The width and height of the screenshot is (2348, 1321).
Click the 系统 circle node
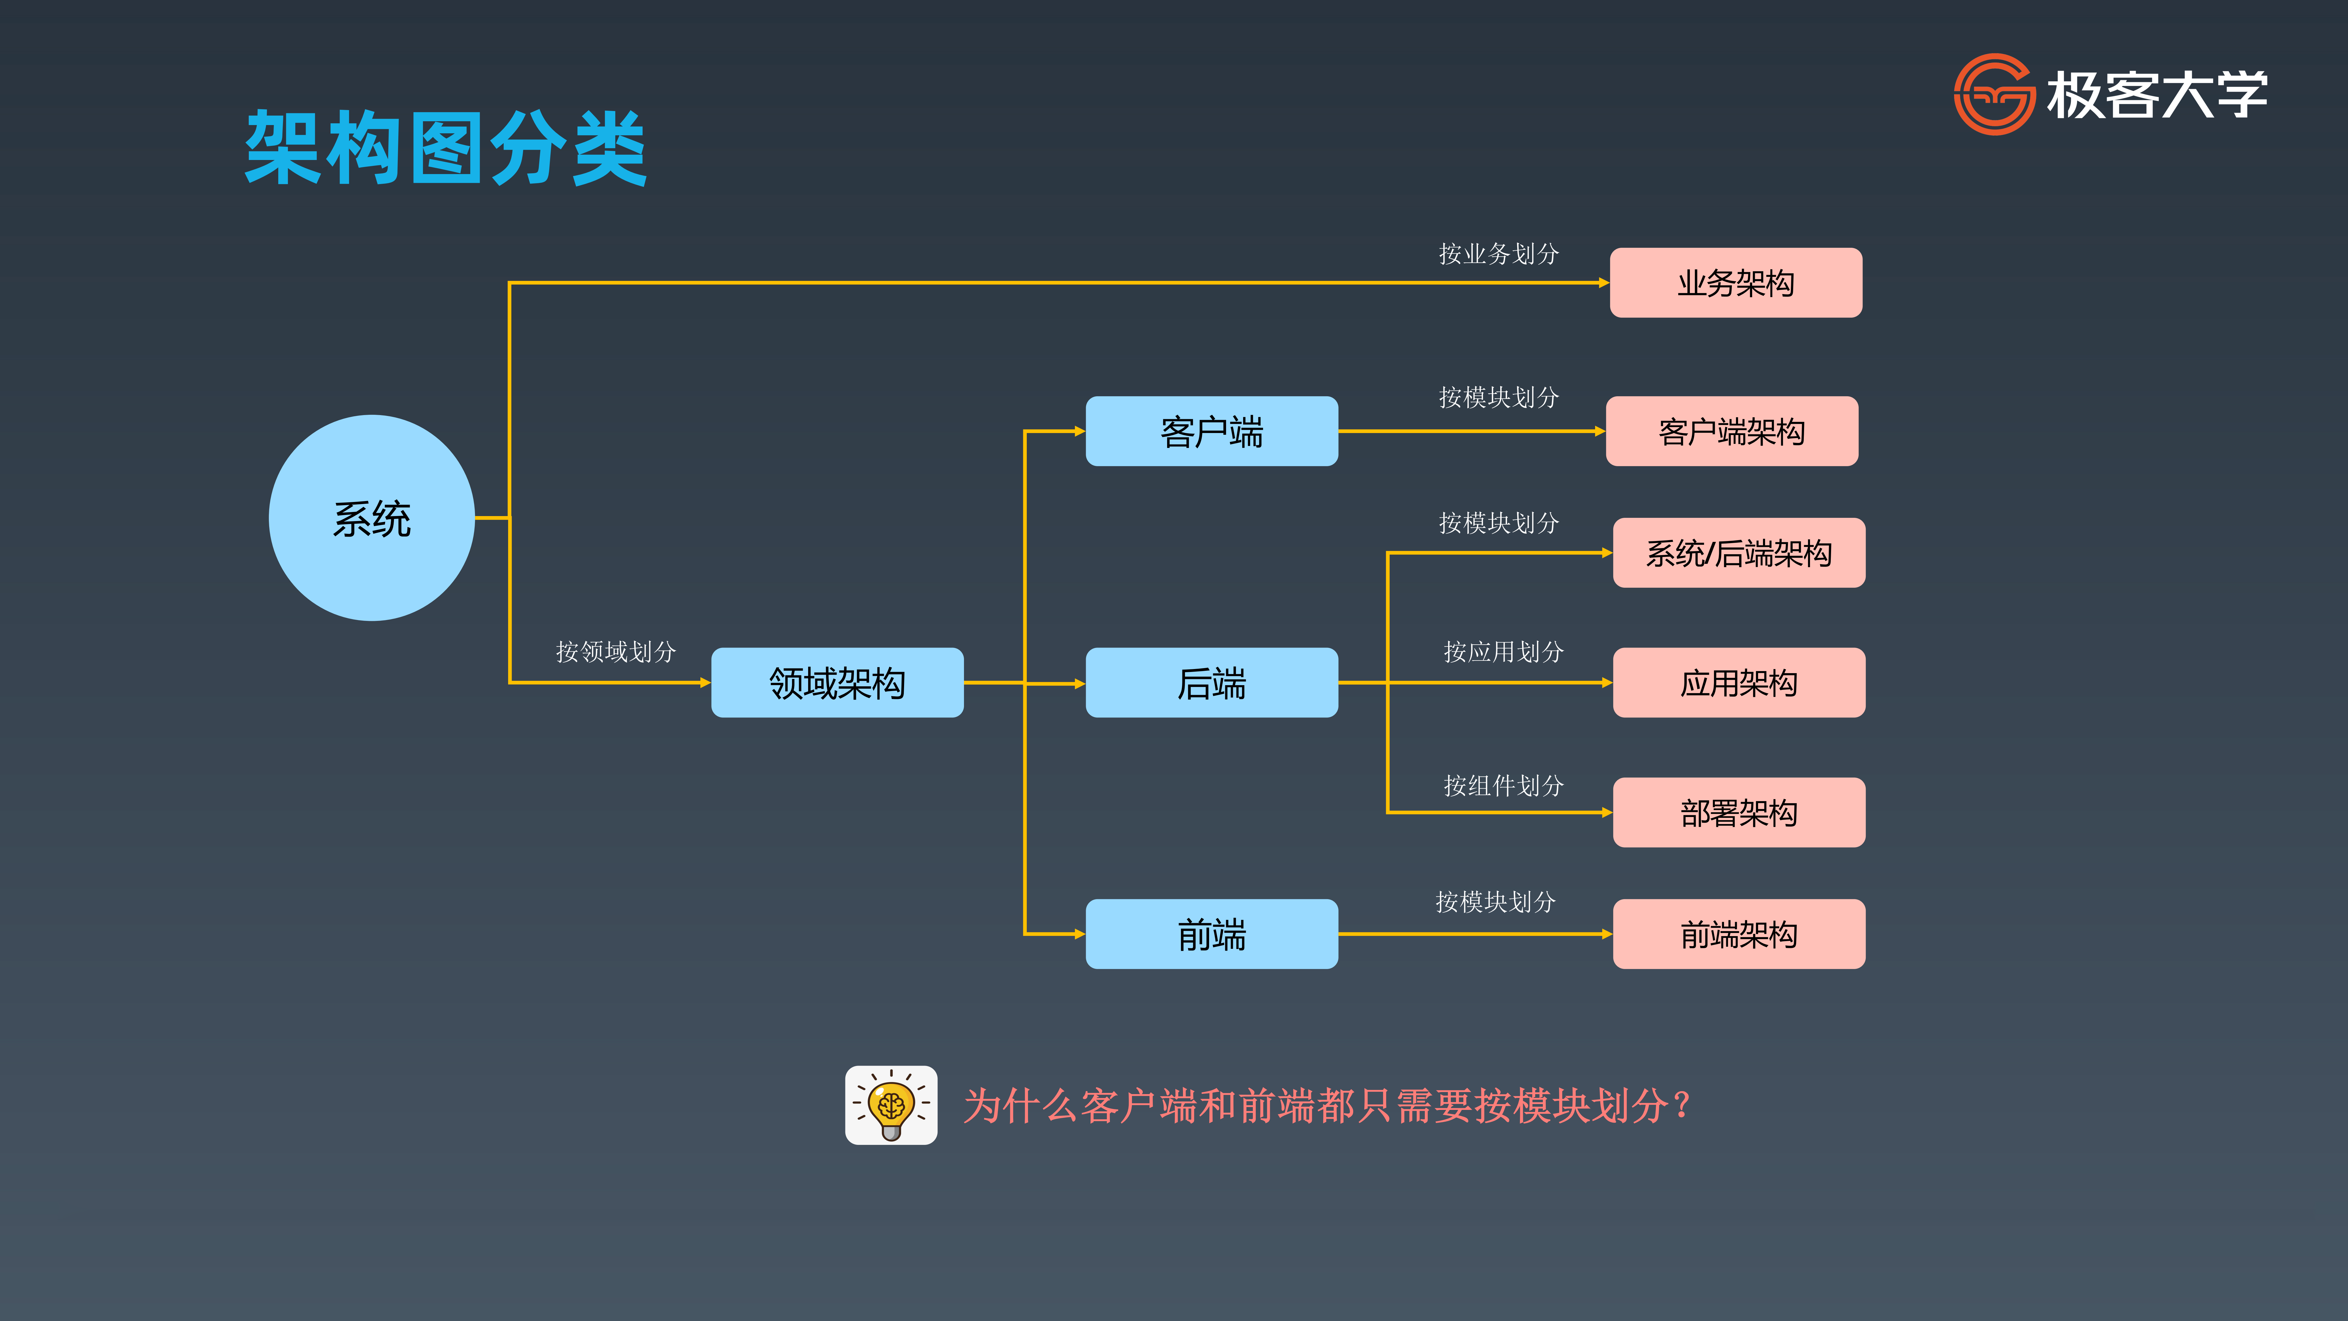[372, 518]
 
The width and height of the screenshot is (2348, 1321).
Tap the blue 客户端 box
[1211, 431]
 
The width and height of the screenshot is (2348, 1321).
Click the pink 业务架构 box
[1735, 283]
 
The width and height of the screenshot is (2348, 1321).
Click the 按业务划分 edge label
[1499, 253]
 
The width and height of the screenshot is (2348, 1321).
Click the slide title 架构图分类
[446, 148]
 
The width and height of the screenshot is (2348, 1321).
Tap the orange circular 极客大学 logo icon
[1993, 94]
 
